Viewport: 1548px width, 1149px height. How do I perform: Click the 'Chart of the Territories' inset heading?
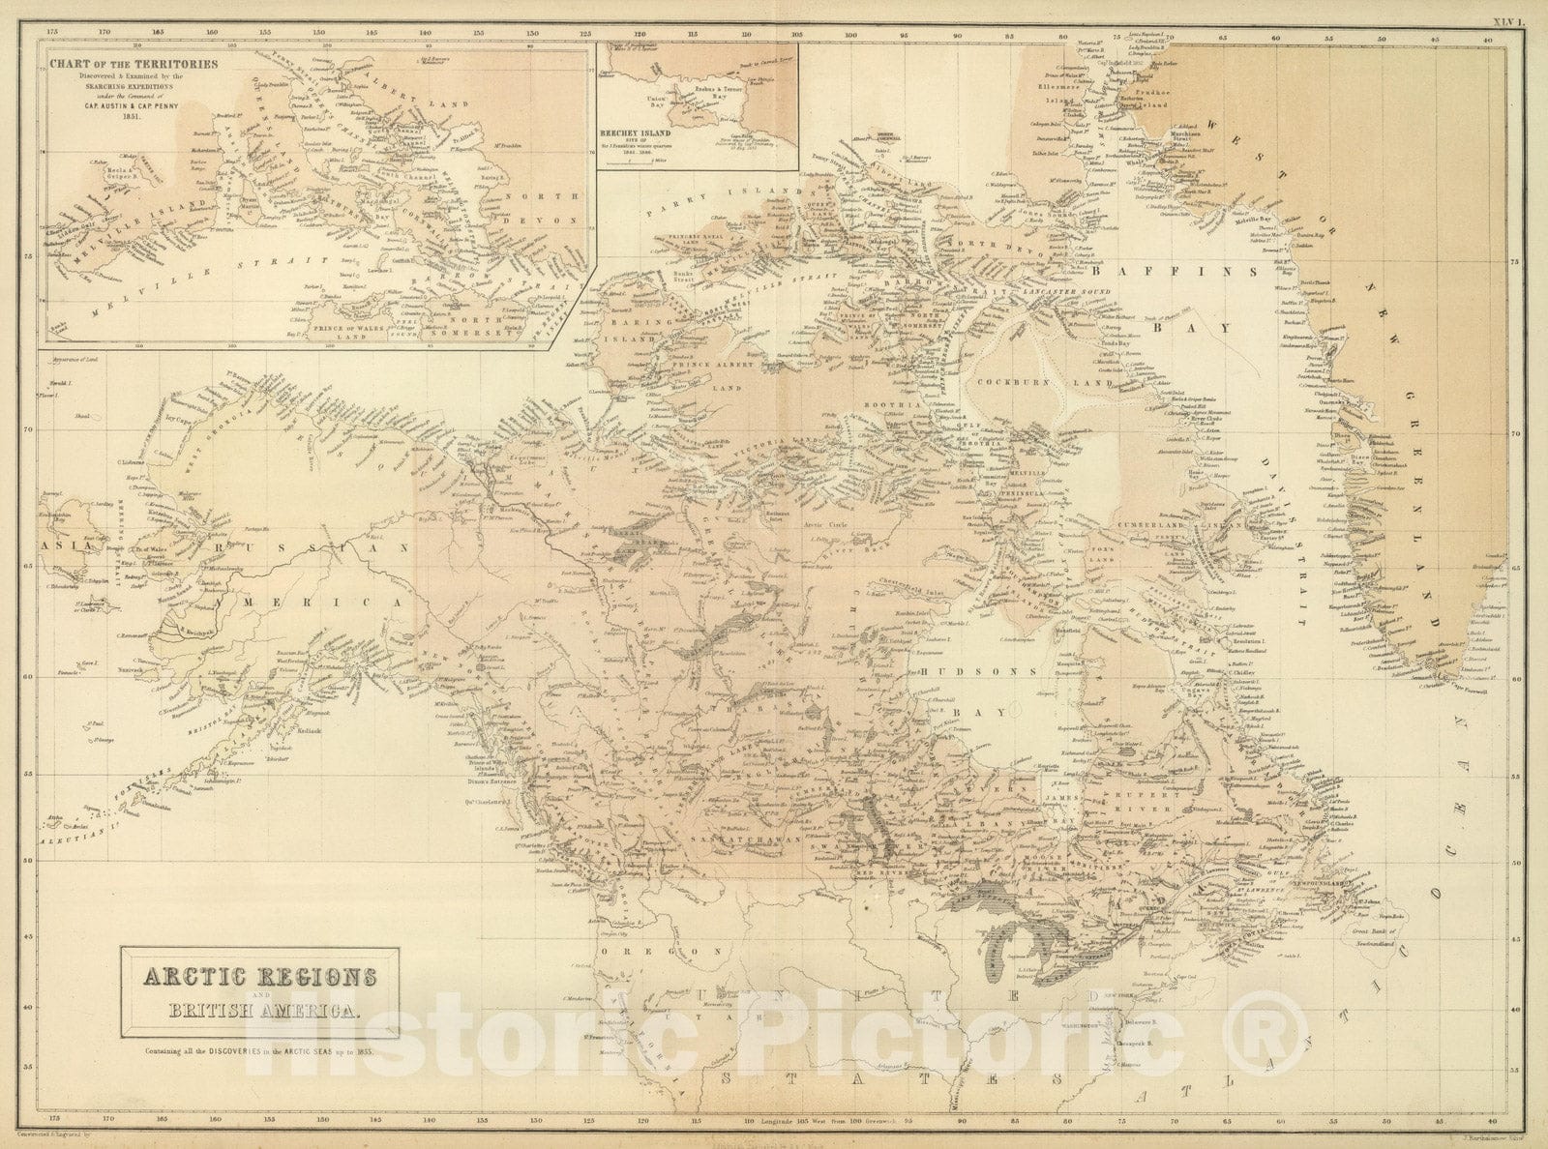[x=130, y=67]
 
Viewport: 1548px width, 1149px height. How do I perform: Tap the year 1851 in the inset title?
[x=129, y=117]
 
